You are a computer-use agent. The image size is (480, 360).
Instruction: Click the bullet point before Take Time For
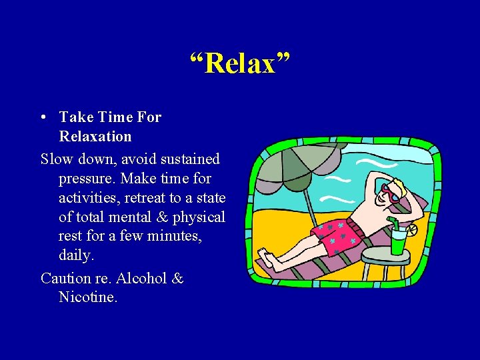click(43, 117)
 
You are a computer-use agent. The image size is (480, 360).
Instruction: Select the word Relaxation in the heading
click(95, 137)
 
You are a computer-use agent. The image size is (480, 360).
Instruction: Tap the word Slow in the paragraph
click(57, 159)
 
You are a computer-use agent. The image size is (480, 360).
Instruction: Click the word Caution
click(67, 278)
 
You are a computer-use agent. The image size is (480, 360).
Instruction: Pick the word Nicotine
click(88, 297)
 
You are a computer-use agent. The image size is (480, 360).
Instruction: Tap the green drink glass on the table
click(398, 241)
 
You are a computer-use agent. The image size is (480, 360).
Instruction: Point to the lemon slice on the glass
click(411, 230)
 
